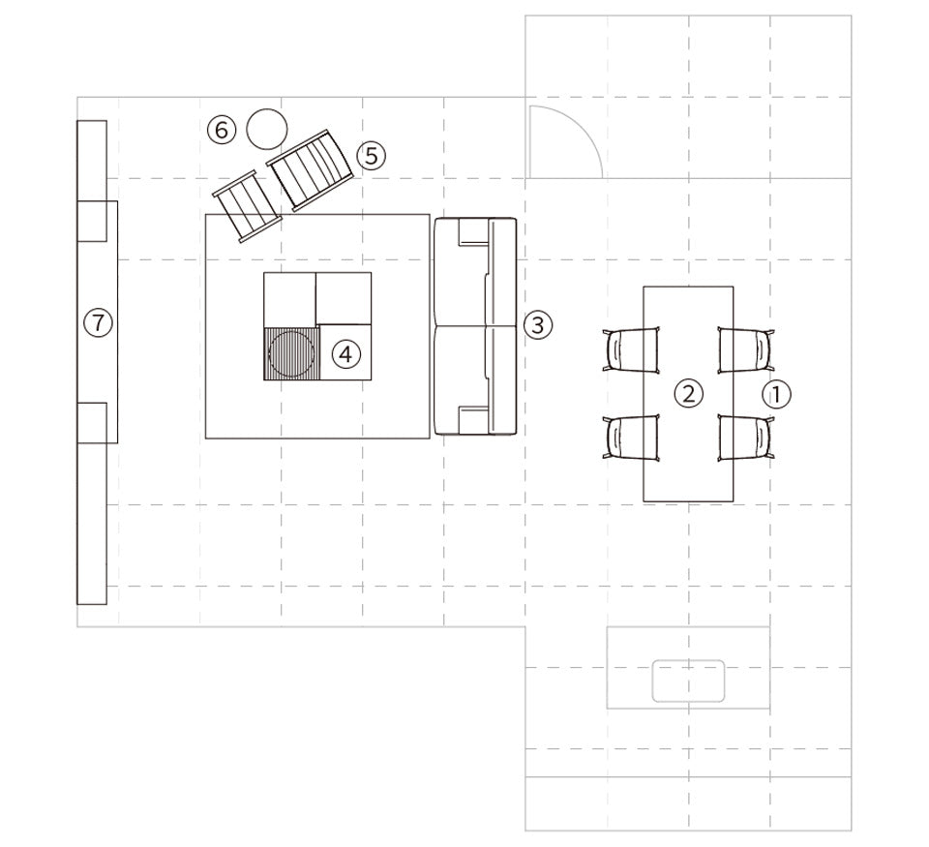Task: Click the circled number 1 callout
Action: (775, 394)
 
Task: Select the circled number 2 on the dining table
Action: (688, 394)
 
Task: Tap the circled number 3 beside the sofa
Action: (538, 325)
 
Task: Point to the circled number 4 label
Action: (346, 354)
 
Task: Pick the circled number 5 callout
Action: (371, 156)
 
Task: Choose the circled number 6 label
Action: (222, 129)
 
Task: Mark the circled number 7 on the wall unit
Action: (98, 323)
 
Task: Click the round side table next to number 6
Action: (267, 129)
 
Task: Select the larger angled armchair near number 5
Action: (310, 170)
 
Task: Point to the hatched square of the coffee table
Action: (291, 354)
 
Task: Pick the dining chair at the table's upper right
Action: (746, 350)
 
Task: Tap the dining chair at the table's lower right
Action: (746, 439)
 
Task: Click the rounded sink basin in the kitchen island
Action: (688, 681)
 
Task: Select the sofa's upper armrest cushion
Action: (473, 232)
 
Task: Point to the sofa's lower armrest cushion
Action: (473, 420)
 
